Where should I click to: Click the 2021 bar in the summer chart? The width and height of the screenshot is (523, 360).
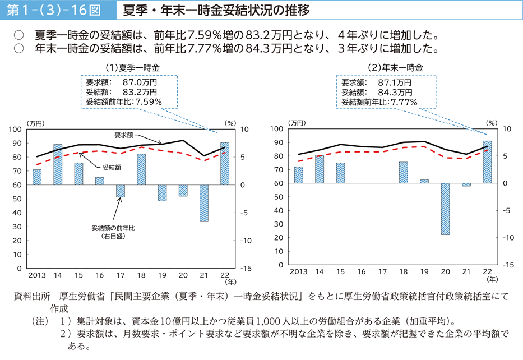tap(203, 203)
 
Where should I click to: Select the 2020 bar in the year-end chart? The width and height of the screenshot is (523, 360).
tap(445, 209)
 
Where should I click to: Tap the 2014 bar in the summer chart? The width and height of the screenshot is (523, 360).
tap(58, 164)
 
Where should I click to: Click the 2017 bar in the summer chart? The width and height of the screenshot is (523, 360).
tap(121, 191)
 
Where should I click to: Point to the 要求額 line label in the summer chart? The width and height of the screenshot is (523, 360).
tap(124, 135)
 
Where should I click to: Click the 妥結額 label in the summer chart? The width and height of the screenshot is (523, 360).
tap(112, 167)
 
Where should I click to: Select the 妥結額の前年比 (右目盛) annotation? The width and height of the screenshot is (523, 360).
tap(114, 232)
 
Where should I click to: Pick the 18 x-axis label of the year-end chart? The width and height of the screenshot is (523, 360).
tap(404, 273)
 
